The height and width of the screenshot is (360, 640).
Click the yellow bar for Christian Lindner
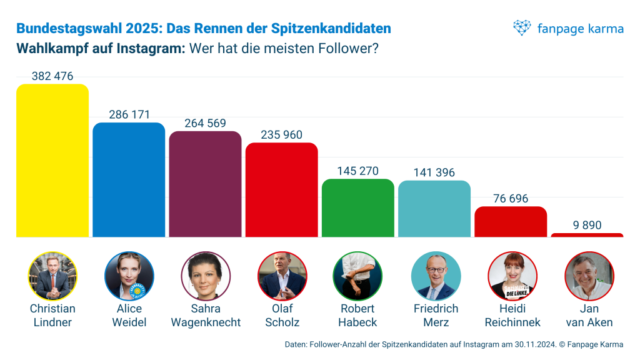tap(52, 161)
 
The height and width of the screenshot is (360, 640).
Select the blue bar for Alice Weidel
tap(129, 180)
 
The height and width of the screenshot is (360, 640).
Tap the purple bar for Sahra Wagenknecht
tap(205, 184)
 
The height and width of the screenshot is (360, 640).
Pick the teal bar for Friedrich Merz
tap(434, 209)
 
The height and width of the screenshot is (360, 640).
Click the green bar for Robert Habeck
tap(357, 208)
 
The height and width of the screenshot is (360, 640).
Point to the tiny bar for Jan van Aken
tap(587, 235)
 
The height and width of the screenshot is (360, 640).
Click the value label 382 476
tap(52, 76)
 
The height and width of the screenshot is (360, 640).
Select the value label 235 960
tap(281, 135)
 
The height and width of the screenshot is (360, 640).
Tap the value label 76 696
tap(510, 199)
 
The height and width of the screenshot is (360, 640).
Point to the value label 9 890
tap(587, 225)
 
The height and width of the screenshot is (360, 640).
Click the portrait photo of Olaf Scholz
tap(282, 276)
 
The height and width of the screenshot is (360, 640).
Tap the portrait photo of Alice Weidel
tap(129, 276)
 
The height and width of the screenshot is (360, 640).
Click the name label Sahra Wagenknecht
tap(206, 316)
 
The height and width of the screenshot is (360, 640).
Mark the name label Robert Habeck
tap(357, 316)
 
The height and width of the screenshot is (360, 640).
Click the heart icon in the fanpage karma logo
tap(522, 27)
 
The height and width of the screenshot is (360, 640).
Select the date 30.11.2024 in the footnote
tap(531, 344)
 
